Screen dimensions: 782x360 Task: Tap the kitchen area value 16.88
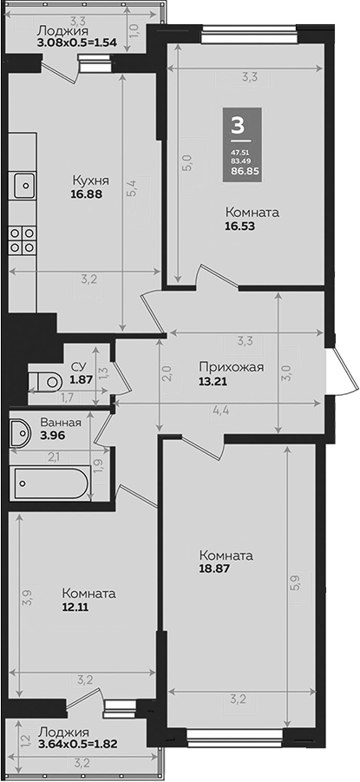86,196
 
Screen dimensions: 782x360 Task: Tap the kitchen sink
23,185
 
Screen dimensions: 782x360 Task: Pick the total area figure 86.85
237,173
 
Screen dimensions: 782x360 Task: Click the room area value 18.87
213,569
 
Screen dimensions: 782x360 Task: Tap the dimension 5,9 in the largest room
298,582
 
